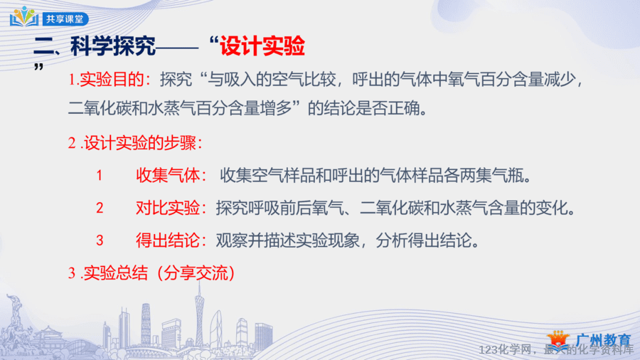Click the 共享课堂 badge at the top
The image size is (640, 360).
coord(65,19)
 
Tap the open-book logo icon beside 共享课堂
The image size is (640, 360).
coord(24,17)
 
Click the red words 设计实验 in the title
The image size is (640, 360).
coord(262,46)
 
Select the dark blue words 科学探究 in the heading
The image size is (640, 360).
coord(113,46)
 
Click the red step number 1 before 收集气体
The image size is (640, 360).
coord(99,176)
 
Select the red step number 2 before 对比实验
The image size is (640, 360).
coord(100,208)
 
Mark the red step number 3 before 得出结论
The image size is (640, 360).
coord(100,240)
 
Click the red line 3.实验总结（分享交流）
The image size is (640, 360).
coord(152,273)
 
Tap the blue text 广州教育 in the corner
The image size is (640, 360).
coord(604,340)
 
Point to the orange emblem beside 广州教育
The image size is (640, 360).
coord(558,340)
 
